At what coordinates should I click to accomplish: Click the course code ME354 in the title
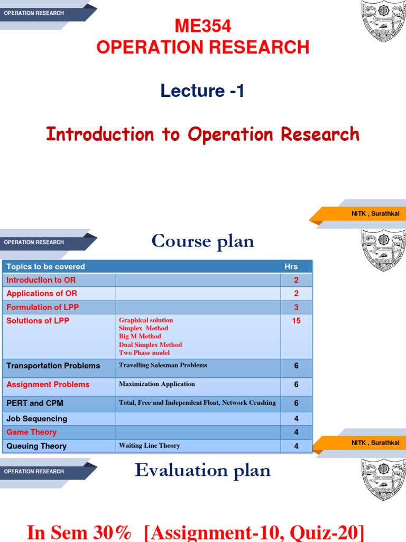pos(203,26)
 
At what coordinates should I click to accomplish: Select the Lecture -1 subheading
pos(203,91)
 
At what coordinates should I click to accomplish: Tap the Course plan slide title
pos(203,241)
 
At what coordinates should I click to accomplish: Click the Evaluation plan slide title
pos(203,470)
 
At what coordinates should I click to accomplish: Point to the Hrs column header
pos(291,267)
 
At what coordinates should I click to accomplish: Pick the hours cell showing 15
pos(296,321)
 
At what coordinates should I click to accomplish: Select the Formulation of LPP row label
pos(42,307)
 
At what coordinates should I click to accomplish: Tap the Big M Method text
pos(140,336)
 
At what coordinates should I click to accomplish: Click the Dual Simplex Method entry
pos(150,345)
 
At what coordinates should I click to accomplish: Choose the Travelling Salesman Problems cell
pos(163,365)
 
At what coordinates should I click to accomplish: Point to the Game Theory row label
pos(31,432)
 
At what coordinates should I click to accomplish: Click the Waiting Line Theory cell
pos(149,446)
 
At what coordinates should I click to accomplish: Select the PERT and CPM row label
pos(34,403)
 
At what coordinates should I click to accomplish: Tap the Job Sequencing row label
pos(36,419)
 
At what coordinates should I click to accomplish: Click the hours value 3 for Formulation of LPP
pos(296,307)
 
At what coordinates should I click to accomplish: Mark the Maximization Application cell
pos(156,384)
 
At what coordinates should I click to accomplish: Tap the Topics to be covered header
pos(45,267)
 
